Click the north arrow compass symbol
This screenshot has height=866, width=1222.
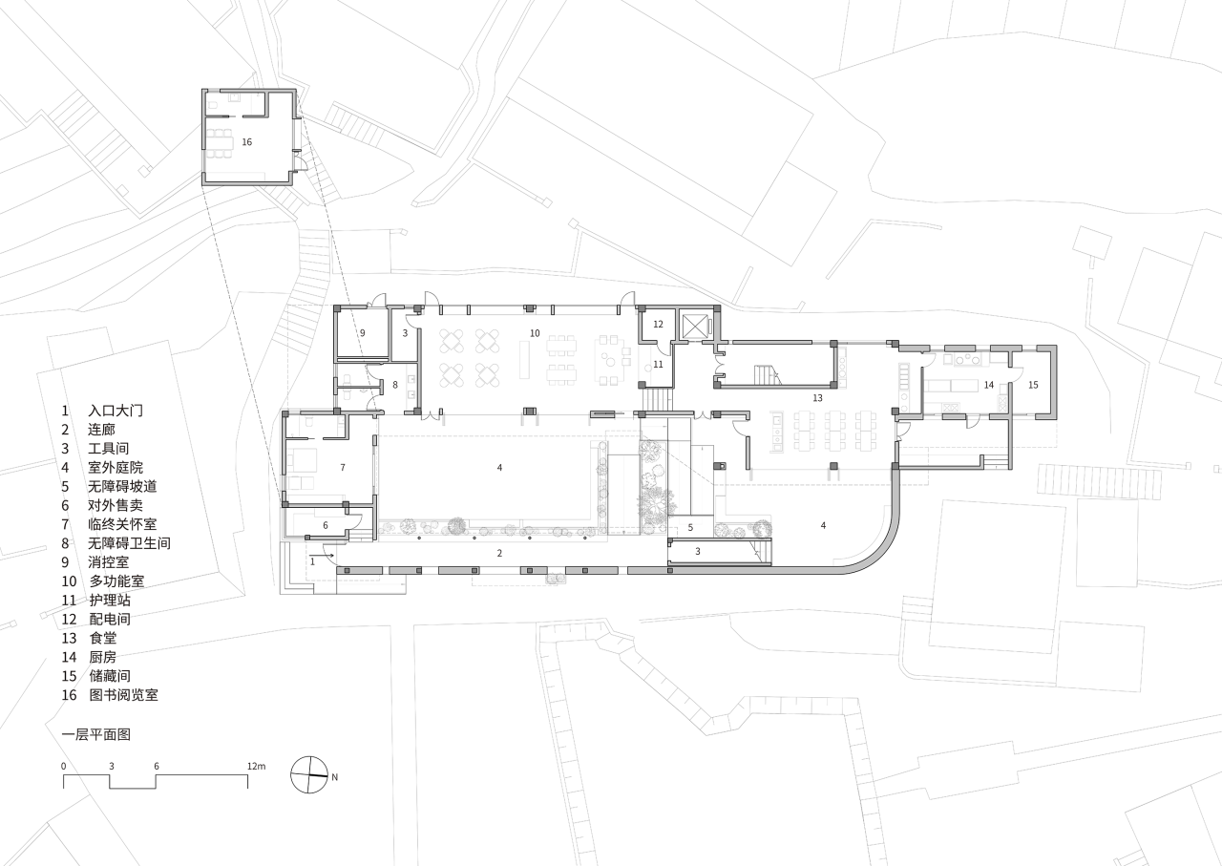pos(309,775)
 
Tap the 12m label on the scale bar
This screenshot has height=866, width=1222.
pos(255,767)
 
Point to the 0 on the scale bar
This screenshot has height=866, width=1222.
pos(64,767)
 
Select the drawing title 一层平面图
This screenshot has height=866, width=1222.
pos(95,734)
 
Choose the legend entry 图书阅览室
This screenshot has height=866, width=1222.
pos(123,695)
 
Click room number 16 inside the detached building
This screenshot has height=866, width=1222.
pos(247,141)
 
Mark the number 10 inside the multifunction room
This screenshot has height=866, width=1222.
pos(536,332)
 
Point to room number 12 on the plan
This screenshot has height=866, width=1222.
pos(659,325)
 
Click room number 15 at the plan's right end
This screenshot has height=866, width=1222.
pos(1033,385)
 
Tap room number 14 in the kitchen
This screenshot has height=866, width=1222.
pos(989,385)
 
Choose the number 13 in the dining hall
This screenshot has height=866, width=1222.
pos(817,396)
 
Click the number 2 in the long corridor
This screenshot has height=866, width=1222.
pos(499,553)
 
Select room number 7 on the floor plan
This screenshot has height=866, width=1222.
pos(341,467)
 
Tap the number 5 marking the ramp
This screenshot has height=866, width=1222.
pos(689,527)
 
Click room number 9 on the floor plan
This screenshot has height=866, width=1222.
pos(363,332)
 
